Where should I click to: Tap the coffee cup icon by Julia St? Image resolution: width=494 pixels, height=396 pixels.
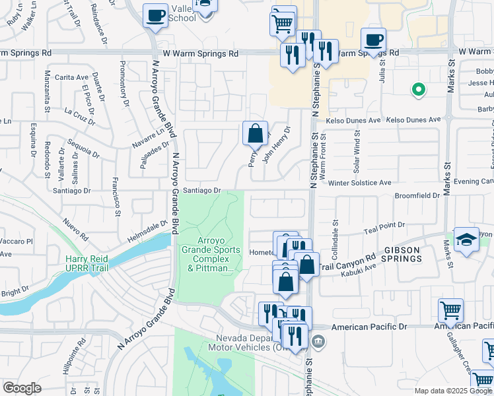(x=373, y=40)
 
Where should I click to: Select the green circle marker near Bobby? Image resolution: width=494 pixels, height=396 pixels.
(x=417, y=89)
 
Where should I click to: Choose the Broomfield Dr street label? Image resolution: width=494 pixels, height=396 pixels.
(x=417, y=196)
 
